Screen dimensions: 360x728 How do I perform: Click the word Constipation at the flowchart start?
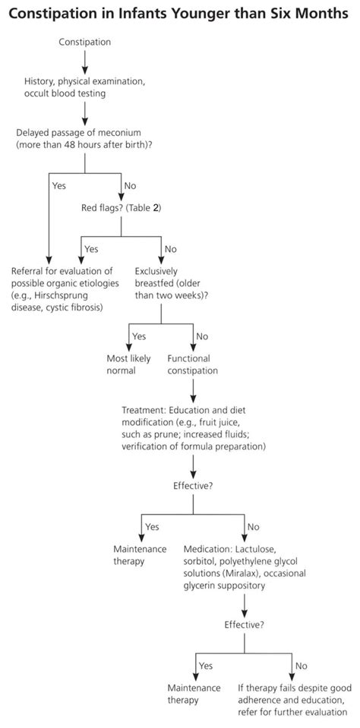[85, 43]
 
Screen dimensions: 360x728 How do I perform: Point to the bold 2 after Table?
[156, 207]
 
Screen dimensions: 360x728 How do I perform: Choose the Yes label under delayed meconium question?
[59, 186]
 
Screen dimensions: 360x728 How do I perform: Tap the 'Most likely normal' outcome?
[122, 365]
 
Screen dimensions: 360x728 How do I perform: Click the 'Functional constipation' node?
[193, 365]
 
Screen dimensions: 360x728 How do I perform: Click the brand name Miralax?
[241, 573]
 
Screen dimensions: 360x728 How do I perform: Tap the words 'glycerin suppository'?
[224, 586]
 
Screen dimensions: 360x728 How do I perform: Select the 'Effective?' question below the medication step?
[245, 625]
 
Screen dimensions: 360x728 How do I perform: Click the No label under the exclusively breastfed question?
[202, 336]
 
